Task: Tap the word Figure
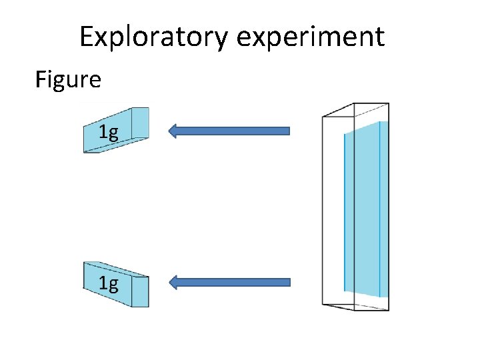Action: pos(68,80)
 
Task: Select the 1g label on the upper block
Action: pos(108,132)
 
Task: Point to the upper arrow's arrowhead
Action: pos(175,131)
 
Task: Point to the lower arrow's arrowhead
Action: pos(175,282)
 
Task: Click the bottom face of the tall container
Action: pos(355,306)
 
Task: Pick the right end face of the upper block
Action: pos(139,123)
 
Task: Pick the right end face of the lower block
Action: pos(139,291)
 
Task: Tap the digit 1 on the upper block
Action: pos(103,131)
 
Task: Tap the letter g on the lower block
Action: pos(113,286)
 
